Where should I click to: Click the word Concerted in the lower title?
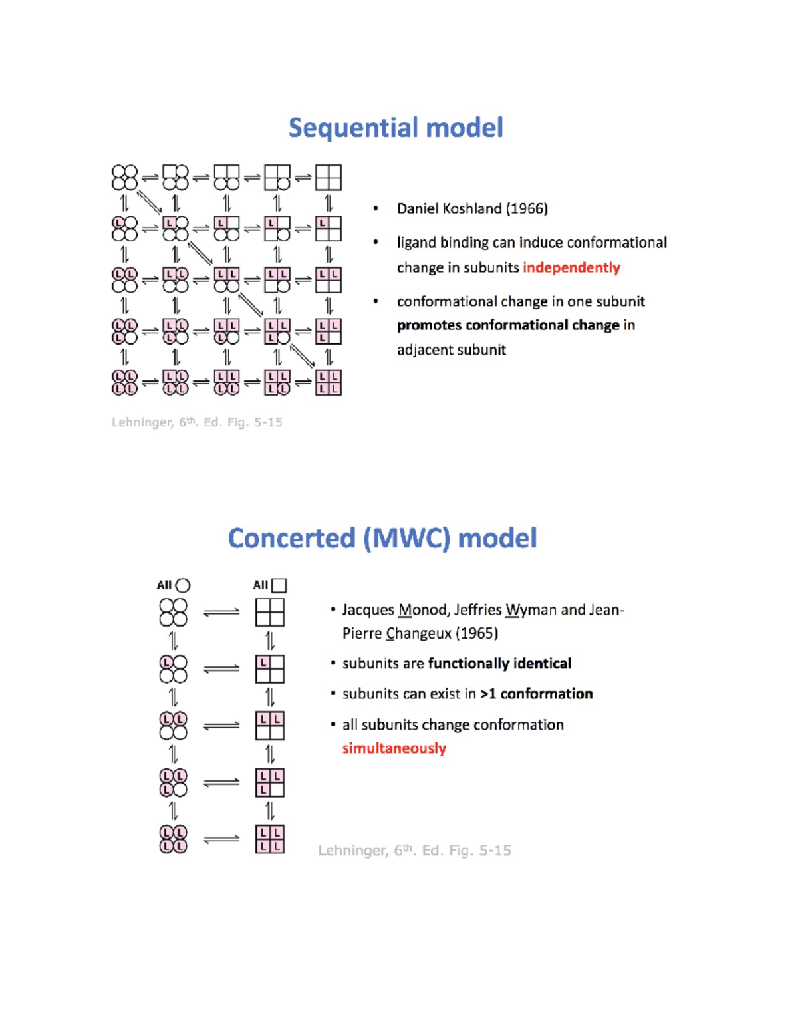tap(292, 539)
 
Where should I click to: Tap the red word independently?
tap(571, 268)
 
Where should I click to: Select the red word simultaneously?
tap(394, 749)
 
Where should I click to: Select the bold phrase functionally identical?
tap(499, 664)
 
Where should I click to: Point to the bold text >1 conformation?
tap(537, 694)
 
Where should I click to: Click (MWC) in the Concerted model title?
tap(406, 539)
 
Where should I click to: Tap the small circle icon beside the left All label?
tap(182, 585)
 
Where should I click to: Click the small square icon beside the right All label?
tap(279, 585)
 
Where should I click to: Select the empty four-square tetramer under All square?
tap(270, 613)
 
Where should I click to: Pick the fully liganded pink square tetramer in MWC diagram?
tap(270, 839)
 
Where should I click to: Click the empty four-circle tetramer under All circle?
tap(173, 613)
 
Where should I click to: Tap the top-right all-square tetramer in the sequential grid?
tap(329, 178)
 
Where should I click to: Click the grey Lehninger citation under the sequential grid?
tap(197, 422)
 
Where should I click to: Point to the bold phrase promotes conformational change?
tap(509, 326)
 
